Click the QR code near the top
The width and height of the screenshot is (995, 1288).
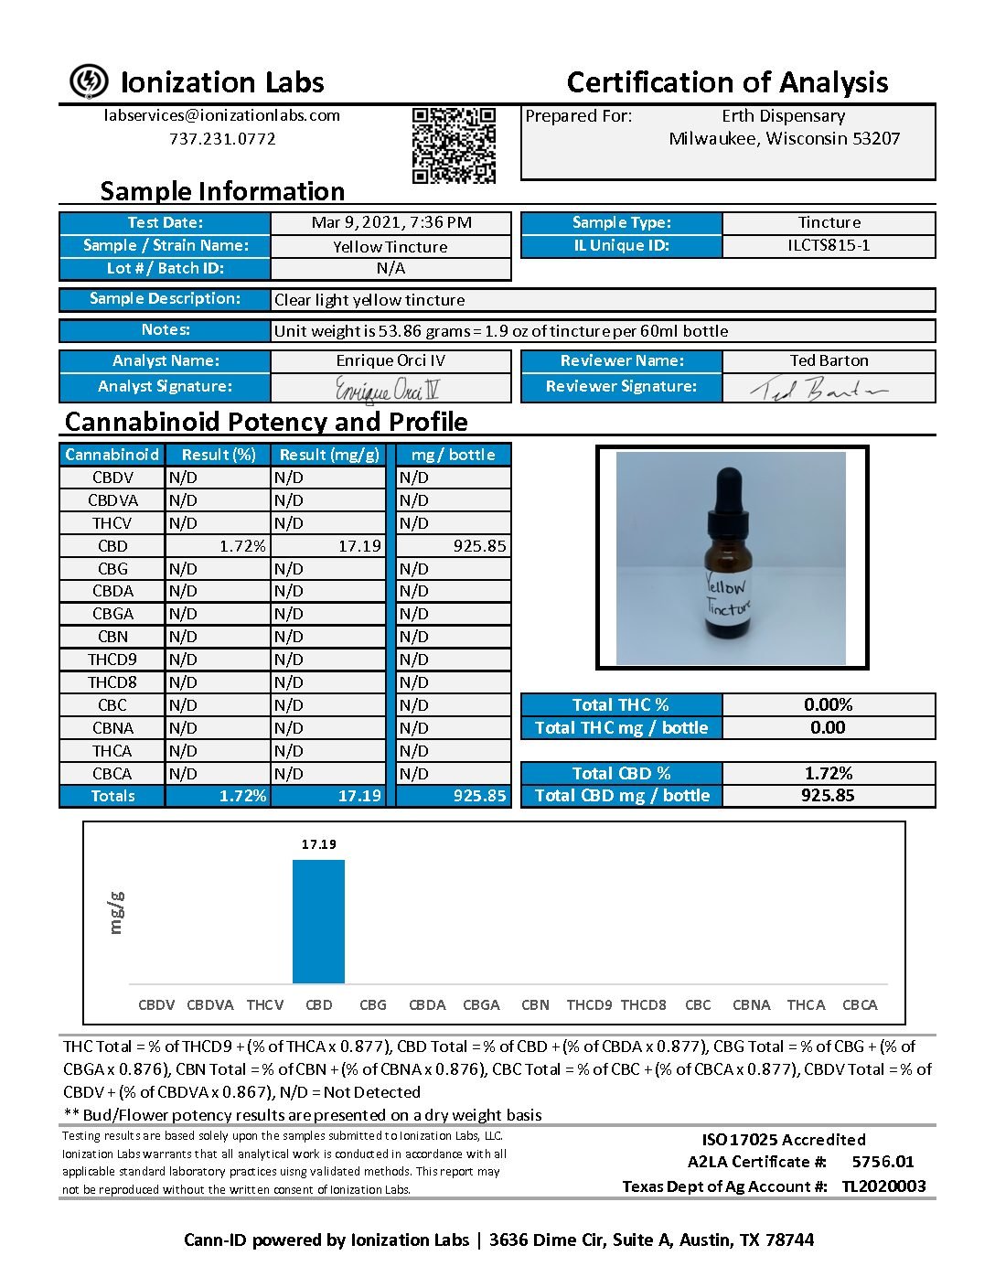click(454, 145)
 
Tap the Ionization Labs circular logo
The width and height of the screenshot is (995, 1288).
click(89, 81)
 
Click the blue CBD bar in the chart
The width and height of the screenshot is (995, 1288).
click(318, 921)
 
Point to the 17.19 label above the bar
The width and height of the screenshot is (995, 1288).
click(319, 844)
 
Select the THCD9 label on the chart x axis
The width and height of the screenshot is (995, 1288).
click(589, 1004)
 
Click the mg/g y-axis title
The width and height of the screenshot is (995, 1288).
click(115, 912)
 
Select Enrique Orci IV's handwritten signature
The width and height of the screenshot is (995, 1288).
click(388, 390)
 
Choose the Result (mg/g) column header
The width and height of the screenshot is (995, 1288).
click(329, 455)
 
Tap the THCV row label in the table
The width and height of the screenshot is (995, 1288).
click(112, 523)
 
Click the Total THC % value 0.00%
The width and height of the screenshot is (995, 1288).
click(828, 704)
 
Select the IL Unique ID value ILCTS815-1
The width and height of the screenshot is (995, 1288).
click(829, 245)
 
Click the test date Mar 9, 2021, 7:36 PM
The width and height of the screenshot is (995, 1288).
click(391, 222)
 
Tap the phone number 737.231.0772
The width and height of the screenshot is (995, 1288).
click(222, 139)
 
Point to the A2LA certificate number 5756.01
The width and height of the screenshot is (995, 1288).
click(883, 1162)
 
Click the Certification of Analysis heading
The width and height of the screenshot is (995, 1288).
click(727, 82)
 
